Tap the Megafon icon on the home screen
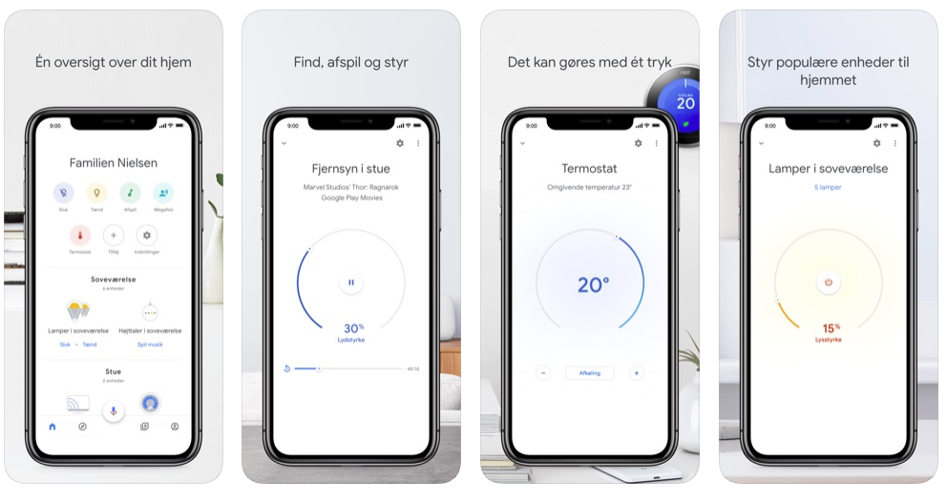163,194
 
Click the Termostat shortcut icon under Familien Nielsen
80,235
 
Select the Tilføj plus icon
113,235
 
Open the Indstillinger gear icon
146,235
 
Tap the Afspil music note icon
130,194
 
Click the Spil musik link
150,344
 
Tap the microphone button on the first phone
113,411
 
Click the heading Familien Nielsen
113,163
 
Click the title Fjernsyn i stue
351,169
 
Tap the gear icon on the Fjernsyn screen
399,143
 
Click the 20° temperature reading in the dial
592,284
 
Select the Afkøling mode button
590,373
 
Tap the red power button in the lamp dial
829,282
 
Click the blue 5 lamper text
829,187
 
